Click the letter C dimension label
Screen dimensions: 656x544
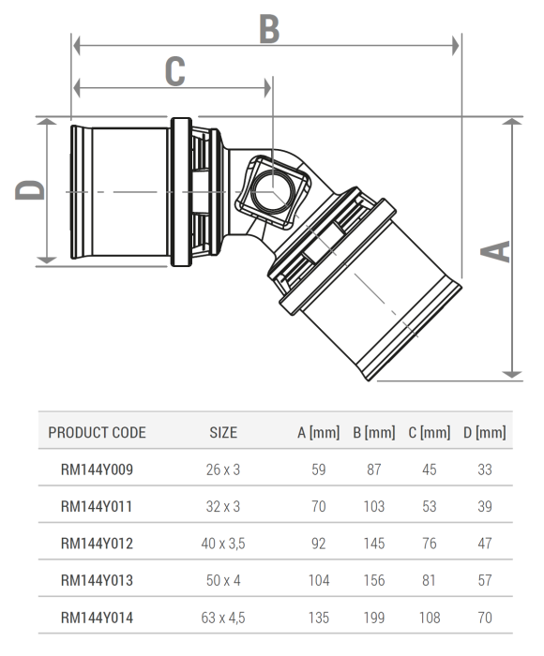(x=174, y=70)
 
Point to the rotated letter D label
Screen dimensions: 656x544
(x=30, y=191)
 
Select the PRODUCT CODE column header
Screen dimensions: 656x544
(x=97, y=433)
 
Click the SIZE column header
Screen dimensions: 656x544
(x=223, y=433)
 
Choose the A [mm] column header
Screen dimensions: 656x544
(x=319, y=433)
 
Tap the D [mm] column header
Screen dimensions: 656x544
(x=484, y=433)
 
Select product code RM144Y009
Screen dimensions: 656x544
(x=97, y=470)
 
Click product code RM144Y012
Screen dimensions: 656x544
(x=97, y=544)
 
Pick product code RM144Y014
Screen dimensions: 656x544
(x=97, y=618)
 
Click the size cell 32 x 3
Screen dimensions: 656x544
(x=223, y=507)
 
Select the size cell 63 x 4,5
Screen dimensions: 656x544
(x=223, y=618)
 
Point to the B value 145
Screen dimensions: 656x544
(x=374, y=544)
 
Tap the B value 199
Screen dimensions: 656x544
(x=374, y=618)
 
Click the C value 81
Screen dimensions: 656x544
(x=430, y=581)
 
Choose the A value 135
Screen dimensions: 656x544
(x=319, y=618)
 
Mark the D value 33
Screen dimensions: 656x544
(x=484, y=470)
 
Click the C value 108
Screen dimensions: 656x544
(x=430, y=618)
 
